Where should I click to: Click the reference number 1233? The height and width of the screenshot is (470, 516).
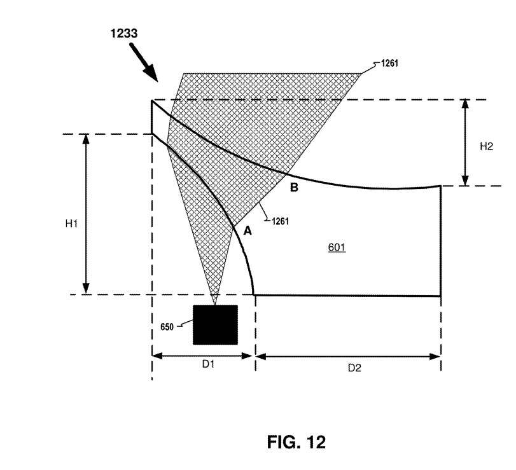pyautogui.click(x=123, y=34)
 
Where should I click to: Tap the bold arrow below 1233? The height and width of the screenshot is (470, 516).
pyautogui.click(x=144, y=62)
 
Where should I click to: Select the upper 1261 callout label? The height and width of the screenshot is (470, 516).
pyautogui.click(x=389, y=63)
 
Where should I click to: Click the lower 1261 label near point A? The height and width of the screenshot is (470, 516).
pyautogui.click(x=281, y=221)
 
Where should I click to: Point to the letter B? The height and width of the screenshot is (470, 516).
pyautogui.click(x=294, y=188)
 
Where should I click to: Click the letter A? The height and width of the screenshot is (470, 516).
pyautogui.click(x=248, y=232)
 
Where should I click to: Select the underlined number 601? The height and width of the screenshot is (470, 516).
pyautogui.click(x=337, y=247)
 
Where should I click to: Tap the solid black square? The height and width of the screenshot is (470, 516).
pyautogui.click(x=215, y=325)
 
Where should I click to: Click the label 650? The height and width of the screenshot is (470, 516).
pyautogui.click(x=167, y=327)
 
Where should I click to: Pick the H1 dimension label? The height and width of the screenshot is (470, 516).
pyautogui.click(x=71, y=224)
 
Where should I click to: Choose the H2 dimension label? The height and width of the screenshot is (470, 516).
pyautogui.click(x=486, y=146)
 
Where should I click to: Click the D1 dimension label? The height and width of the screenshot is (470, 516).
pyautogui.click(x=208, y=364)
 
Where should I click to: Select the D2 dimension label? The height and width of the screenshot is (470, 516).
pyautogui.click(x=354, y=368)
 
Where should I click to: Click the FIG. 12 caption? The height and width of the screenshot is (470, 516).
pyautogui.click(x=296, y=442)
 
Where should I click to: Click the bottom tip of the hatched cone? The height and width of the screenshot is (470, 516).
pyautogui.click(x=214, y=305)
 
